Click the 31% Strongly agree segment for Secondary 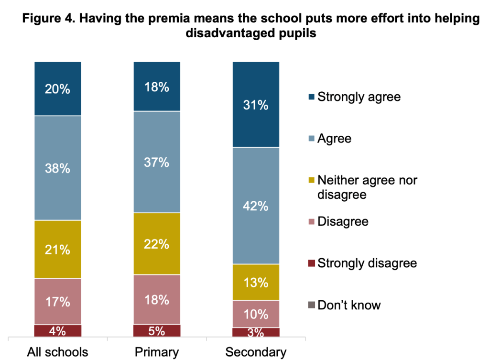coord(256,104)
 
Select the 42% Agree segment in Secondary coord(256,206)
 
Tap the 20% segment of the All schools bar coord(58,88)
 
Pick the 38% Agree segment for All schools coord(58,168)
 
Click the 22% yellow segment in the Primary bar coord(157,243)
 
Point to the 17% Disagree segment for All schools coord(58,301)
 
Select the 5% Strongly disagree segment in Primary coord(157,331)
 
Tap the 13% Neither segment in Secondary coord(256,282)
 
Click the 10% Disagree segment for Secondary coord(256,314)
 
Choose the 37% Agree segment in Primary coord(157,162)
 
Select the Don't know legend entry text coord(349,305)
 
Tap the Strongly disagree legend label coord(367,263)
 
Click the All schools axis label coord(57,353)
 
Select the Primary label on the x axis coord(157,353)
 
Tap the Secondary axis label coord(256,353)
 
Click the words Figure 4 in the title coord(42,19)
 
